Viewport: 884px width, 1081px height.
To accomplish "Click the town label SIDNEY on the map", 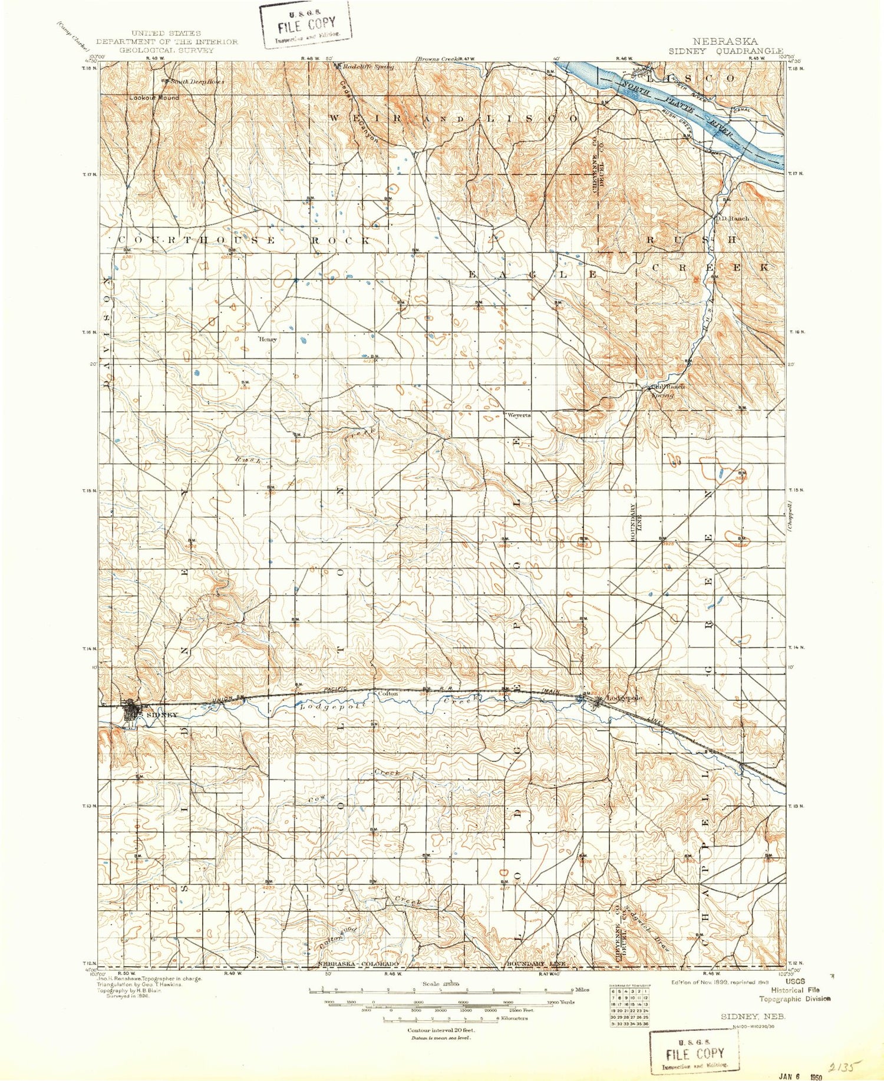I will pyautogui.click(x=161, y=715).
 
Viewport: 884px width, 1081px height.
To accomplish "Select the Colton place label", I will pyautogui.click(x=388, y=694).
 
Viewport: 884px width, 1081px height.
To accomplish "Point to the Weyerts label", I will pyautogui.click(x=519, y=415).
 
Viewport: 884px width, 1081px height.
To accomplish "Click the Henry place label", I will pyautogui.click(x=268, y=339).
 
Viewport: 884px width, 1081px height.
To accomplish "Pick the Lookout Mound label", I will pyautogui.click(x=154, y=97).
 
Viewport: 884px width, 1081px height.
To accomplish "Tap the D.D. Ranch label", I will pyautogui.click(x=732, y=218).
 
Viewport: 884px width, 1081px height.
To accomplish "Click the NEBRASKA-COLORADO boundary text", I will pyautogui.click(x=358, y=964).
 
